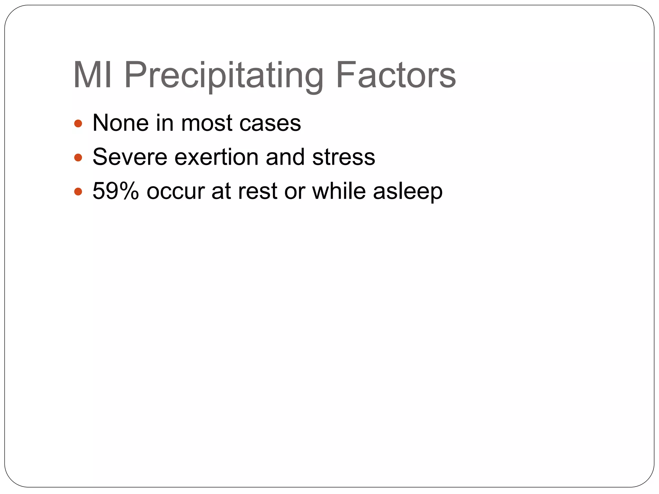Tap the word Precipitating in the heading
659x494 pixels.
224,76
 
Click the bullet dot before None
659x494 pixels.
78,123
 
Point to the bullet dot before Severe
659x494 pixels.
78,158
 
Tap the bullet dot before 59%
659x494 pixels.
78,192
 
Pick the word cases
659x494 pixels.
270,123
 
